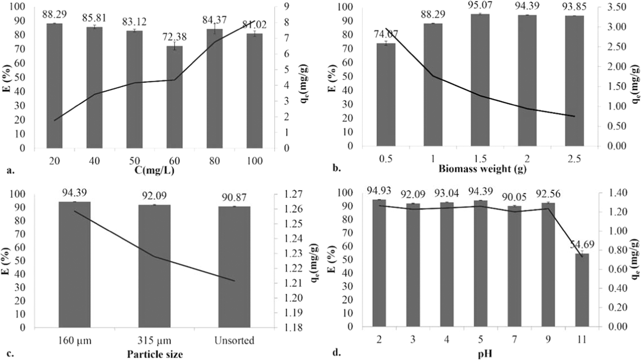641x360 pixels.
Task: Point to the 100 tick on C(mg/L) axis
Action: (x=255, y=161)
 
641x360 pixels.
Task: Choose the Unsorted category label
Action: (x=234, y=341)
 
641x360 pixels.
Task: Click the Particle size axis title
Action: (x=155, y=354)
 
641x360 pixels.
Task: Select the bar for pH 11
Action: (x=582, y=290)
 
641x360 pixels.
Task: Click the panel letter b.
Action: (x=337, y=169)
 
